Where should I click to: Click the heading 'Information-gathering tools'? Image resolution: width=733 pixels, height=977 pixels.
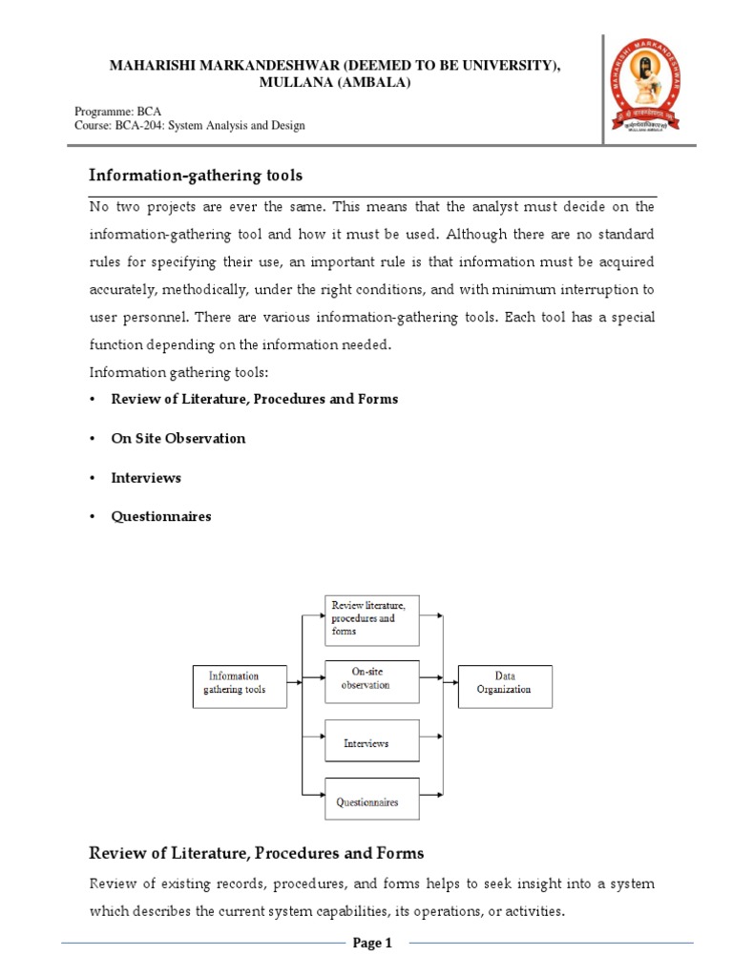[196, 175]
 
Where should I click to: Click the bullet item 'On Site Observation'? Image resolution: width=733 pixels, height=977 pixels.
[178, 438]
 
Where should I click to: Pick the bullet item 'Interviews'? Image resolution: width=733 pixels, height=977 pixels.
[146, 477]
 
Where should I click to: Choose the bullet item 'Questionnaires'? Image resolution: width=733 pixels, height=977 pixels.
[161, 516]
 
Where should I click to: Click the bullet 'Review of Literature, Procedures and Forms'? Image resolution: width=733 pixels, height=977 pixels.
[255, 399]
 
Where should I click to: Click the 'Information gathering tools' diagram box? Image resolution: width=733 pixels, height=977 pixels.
[240, 686]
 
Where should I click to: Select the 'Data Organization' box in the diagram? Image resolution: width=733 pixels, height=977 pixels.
[505, 686]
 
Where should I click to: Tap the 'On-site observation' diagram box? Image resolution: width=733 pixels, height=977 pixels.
[372, 679]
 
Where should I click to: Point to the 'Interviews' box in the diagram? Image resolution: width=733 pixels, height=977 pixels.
[372, 740]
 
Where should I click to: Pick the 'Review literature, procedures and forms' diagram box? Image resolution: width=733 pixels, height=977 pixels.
[372, 618]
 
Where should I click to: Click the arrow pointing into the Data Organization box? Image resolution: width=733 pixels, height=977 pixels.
[450, 680]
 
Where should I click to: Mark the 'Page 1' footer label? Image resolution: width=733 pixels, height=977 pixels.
[373, 944]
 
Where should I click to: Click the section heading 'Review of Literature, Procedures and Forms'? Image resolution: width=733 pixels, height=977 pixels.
[257, 853]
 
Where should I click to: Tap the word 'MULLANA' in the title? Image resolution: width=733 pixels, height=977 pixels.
[293, 82]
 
